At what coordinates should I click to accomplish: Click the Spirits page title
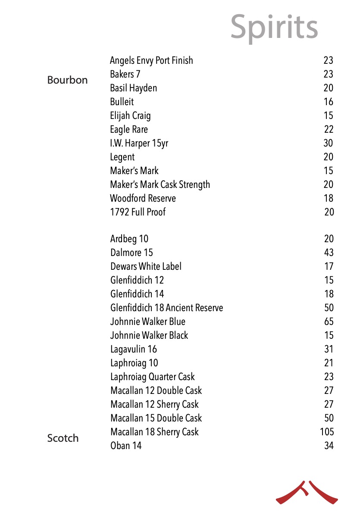[x=274, y=27]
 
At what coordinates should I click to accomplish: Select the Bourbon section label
[x=67, y=80]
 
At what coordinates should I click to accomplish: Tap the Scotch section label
[x=63, y=438]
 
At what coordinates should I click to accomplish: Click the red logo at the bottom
[x=307, y=493]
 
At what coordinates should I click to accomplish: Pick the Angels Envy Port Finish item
[x=151, y=60]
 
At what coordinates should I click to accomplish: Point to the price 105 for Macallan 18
[x=327, y=432]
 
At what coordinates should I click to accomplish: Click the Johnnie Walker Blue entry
[x=148, y=322]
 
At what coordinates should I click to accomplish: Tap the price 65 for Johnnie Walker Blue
[x=329, y=322]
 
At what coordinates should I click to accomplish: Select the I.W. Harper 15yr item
[x=139, y=143]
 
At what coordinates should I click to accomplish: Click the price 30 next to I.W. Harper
[x=329, y=143]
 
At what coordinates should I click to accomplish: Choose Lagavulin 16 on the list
[x=134, y=349]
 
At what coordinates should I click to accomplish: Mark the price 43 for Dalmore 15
[x=329, y=253]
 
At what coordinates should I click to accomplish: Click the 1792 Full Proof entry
[x=138, y=212]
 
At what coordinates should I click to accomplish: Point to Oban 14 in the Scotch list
[x=126, y=446]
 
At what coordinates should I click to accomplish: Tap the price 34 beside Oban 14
[x=329, y=446]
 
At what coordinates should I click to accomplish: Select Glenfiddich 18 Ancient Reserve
[x=167, y=308]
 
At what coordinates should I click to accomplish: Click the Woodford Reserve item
[x=143, y=198]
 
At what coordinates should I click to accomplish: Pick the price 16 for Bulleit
[x=329, y=102]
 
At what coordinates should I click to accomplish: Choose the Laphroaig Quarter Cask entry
[x=153, y=377]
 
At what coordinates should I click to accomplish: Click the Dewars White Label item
[x=146, y=266]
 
